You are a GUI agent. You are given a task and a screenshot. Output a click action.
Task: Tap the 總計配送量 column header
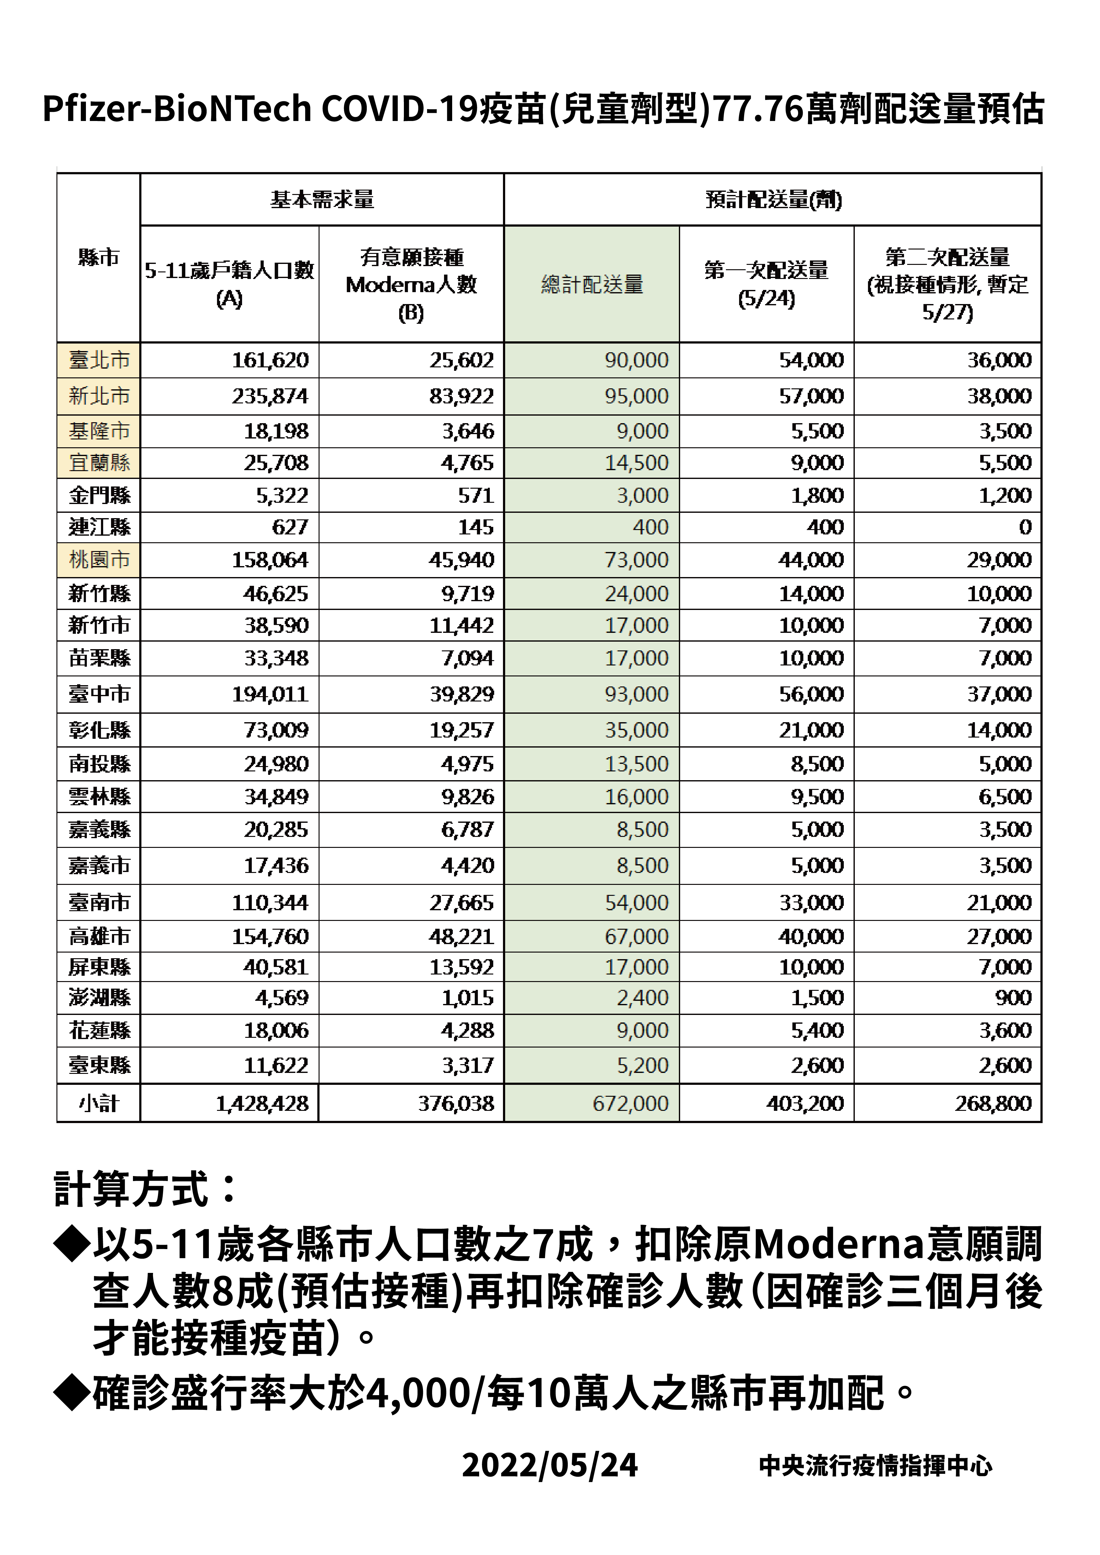tap(592, 285)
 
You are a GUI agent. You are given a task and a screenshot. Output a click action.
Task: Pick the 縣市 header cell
tap(99, 257)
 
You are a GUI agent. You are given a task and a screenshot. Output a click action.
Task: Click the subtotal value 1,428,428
tap(262, 1104)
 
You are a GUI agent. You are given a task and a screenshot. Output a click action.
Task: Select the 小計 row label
tap(99, 1104)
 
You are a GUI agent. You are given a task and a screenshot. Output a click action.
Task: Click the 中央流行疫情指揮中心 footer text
tap(875, 1466)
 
